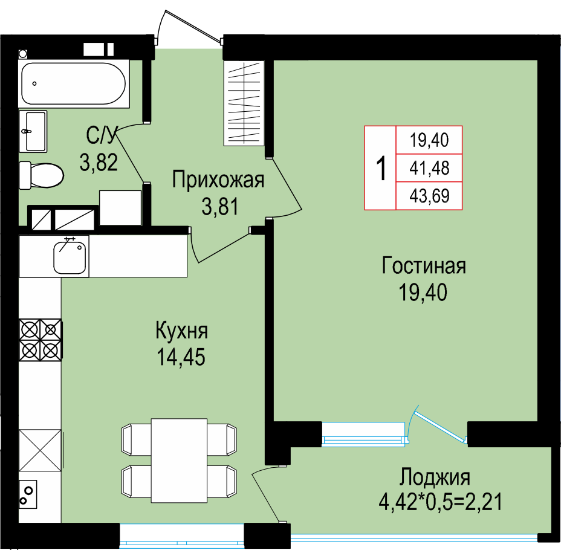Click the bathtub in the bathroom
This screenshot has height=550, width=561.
point(74,83)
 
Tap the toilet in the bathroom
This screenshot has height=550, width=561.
point(41,175)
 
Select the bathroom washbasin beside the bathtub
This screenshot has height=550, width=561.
point(33,131)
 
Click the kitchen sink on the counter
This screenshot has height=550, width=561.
point(70,256)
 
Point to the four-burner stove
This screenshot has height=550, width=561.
point(40,340)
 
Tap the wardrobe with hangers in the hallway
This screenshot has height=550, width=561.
point(244,103)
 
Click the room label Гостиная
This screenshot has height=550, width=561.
point(424,266)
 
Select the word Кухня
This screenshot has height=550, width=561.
point(182,331)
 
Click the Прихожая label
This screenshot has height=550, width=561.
point(218,180)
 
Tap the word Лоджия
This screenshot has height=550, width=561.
point(435,477)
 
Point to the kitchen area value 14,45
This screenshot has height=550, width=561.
point(181,357)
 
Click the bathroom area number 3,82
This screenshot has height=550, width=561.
point(99,162)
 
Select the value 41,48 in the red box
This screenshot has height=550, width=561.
point(429,168)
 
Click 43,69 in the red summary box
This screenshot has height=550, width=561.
point(429,196)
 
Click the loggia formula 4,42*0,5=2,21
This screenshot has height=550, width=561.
point(441,502)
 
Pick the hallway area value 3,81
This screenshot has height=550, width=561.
point(220,207)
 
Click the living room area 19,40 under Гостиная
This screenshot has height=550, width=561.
point(423,292)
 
